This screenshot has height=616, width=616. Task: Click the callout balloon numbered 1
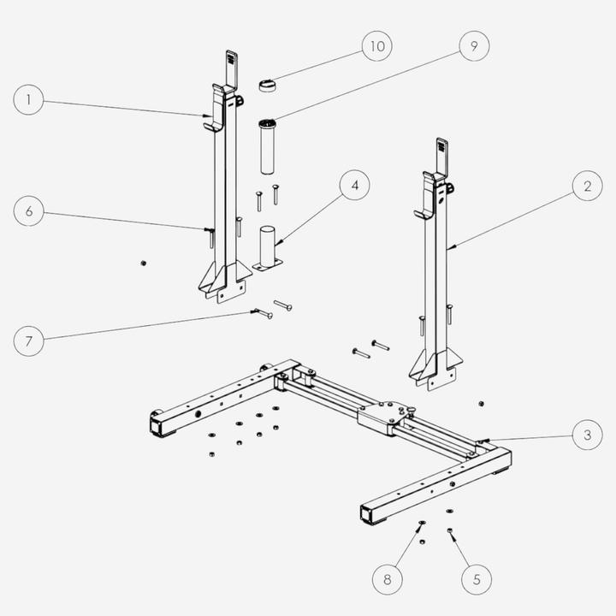(x=29, y=100)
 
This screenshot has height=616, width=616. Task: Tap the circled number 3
(x=587, y=435)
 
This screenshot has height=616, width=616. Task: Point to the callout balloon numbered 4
(x=354, y=186)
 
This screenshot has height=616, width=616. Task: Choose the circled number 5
(x=476, y=579)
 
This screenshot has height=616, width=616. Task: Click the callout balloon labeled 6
(x=29, y=211)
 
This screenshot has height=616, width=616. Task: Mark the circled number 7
(x=29, y=341)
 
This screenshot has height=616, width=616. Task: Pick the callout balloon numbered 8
(x=388, y=579)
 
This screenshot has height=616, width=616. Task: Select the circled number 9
(x=473, y=47)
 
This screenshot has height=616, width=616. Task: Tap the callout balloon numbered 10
(x=375, y=47)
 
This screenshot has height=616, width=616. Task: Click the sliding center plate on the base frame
(x=380, y=414)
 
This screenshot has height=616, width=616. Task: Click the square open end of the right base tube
(x=370, y=515)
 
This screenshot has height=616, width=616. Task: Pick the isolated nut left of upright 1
(x=143, y=263)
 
